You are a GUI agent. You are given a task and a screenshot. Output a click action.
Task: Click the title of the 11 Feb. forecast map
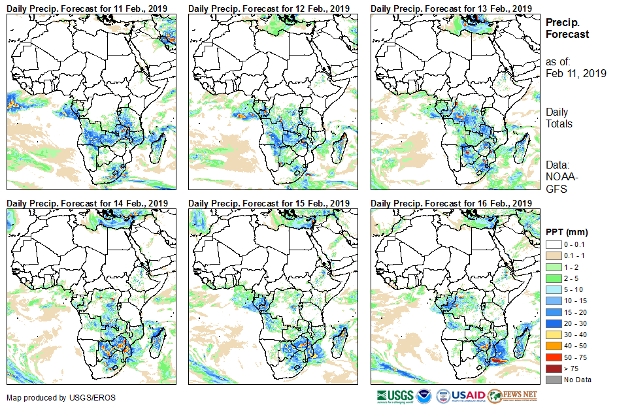pos(88,8)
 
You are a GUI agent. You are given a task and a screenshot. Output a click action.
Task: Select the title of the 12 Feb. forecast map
pos(269,8)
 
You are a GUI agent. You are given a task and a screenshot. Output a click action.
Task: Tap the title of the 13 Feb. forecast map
pos(451,8)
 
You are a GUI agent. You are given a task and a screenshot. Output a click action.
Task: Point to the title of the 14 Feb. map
pos(88,203)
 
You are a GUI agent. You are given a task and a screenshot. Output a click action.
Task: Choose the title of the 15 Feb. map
pos(269,203)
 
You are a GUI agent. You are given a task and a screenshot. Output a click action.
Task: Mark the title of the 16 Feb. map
pos(451,203)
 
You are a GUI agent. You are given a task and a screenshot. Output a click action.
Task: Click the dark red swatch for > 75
pos(551,368)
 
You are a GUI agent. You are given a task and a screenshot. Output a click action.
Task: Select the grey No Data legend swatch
pos(551,379)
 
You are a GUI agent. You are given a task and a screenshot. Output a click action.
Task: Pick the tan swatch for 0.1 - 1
pos(551,255)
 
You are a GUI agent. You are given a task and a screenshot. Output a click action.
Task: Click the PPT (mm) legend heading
pos(567,232)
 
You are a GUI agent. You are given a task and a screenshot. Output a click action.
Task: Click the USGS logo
pos(395,396)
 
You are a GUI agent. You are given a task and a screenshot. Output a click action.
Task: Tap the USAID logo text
pos(468,396)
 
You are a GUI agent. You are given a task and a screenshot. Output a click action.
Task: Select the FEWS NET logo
pos(513,396)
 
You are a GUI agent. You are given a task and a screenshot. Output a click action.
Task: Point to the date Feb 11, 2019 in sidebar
pos(576,73)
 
